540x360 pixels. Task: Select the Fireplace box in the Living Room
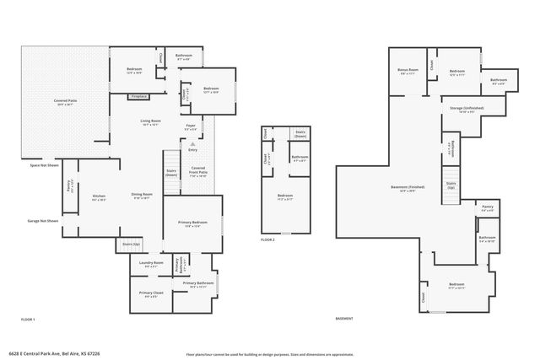coord(140,97)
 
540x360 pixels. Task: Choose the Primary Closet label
coord(152,295)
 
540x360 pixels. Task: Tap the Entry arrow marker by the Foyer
coord(192,145)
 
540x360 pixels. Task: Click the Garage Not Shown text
coord(41,221)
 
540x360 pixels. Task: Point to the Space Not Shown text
coord(41,166)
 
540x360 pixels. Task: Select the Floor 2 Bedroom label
coord(283,199)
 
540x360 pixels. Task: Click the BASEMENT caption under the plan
coord(344,319)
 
